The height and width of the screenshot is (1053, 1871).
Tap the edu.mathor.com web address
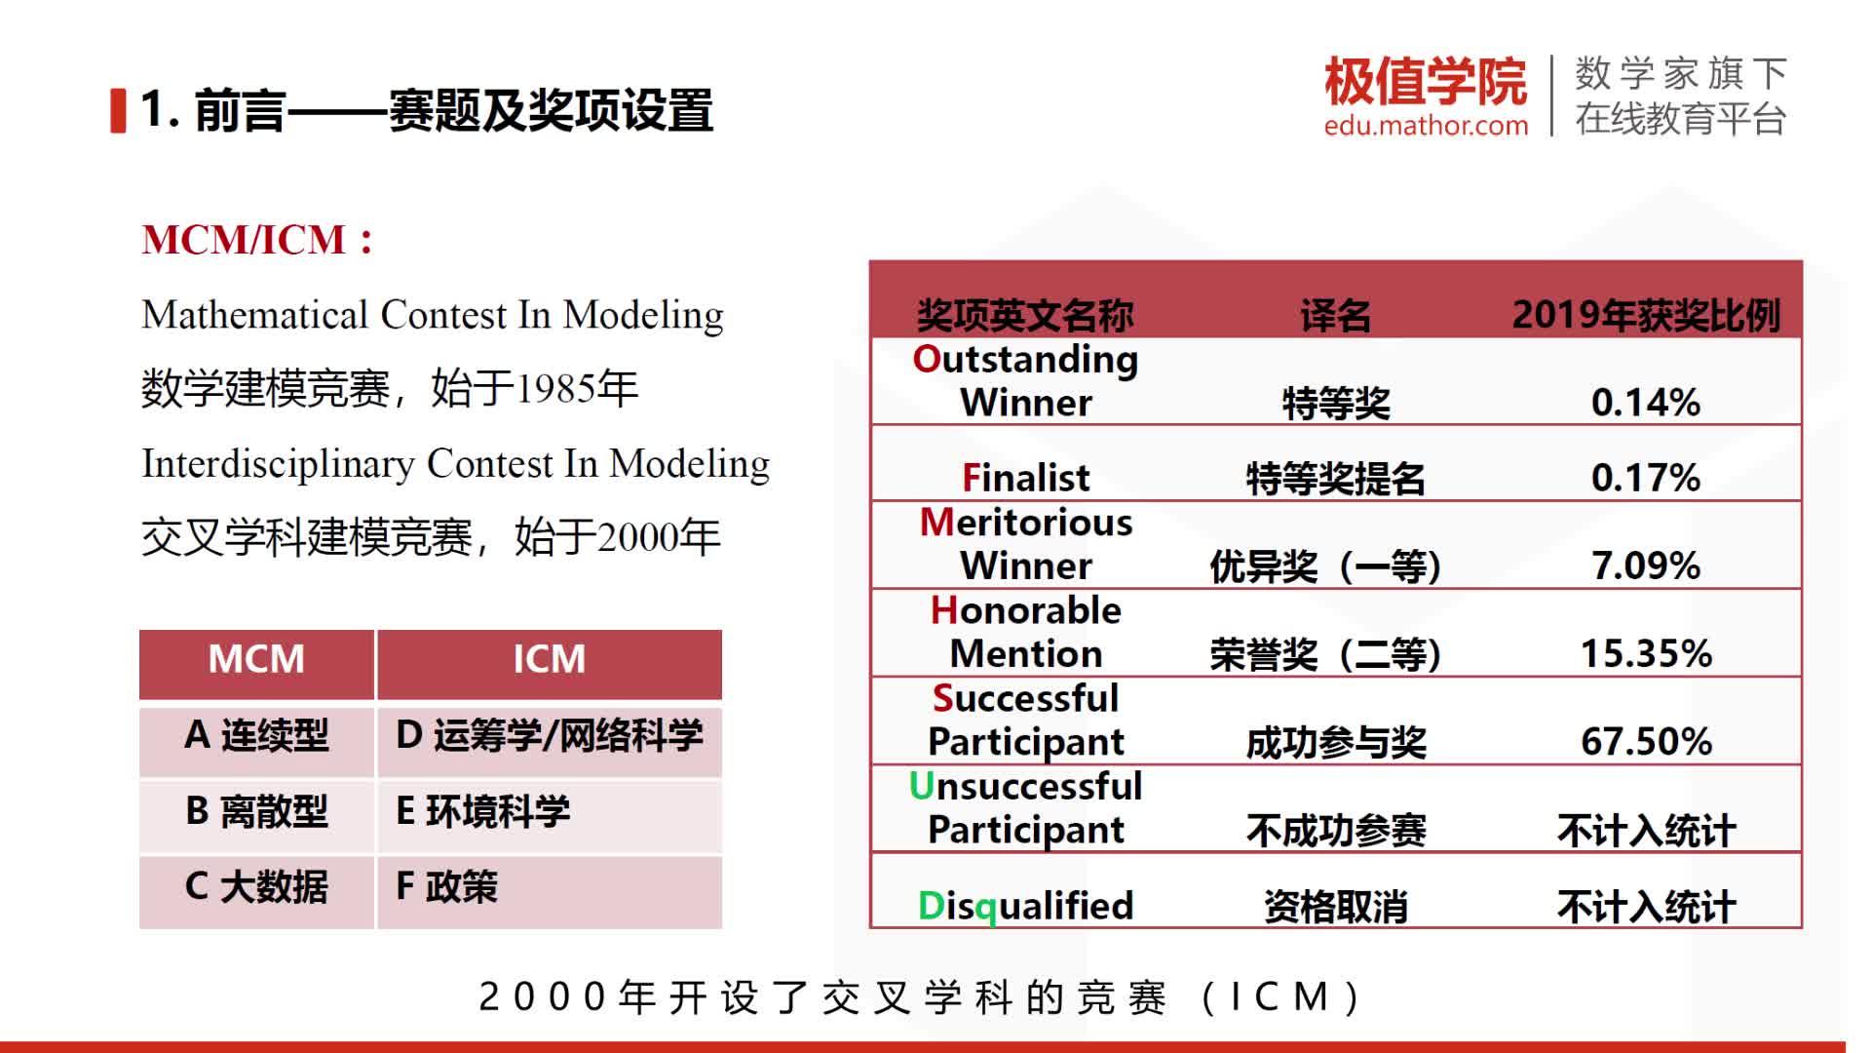[1426, 126]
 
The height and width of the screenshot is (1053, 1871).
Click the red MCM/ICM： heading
[257, 240]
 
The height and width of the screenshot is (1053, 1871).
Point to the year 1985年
[576, 389]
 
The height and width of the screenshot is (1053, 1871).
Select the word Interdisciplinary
[278, 463]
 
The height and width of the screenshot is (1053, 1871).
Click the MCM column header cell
[256, 660]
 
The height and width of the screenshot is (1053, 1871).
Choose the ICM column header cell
[549, 660]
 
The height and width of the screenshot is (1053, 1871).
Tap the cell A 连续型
[256, 736]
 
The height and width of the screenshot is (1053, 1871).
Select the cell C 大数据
[256, 887]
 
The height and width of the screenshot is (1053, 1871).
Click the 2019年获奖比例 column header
[1645, 315]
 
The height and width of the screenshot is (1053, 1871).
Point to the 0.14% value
[1645, 402]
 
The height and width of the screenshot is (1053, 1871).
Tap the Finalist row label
[1025, 478]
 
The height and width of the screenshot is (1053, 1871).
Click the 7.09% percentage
[1645, 565]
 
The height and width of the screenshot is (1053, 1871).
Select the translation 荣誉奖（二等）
[1325, 654]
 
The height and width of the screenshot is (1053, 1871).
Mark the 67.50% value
[1645, 741]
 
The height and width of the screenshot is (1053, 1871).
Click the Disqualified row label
[1025, 906]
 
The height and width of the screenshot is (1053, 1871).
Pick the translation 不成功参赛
[1335, 831]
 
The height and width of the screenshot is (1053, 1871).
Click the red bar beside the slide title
[119, 110]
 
